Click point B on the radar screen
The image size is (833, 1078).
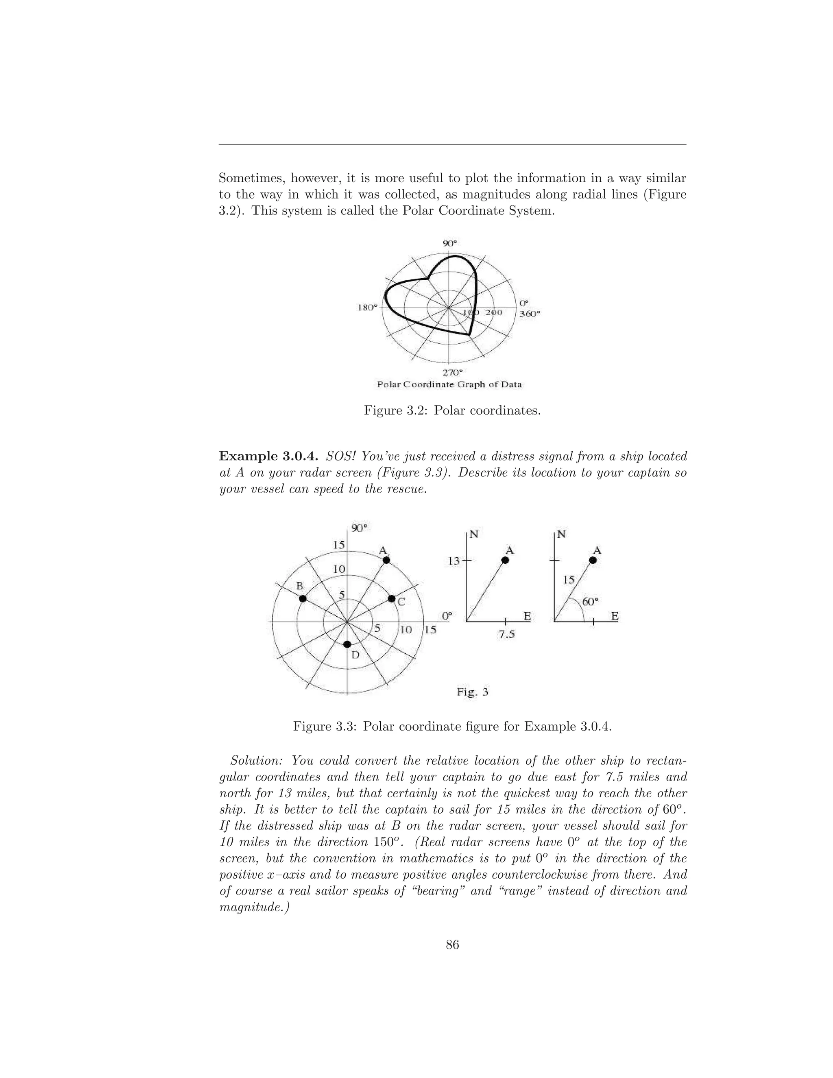303,598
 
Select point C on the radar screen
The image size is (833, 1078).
391,598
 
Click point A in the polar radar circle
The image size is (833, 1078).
386,560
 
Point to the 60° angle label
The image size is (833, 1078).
590,602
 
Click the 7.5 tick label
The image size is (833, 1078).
506,635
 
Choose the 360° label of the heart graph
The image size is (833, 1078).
530,313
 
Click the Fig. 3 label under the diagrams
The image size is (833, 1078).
472,692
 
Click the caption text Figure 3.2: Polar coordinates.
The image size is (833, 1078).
452,410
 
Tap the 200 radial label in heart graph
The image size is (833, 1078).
493,312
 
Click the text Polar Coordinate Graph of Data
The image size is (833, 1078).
449,384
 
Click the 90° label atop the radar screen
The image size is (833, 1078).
359,528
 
